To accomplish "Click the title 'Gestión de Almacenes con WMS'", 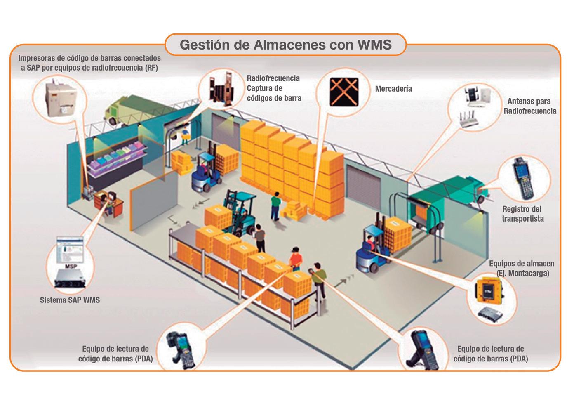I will [x=285, y=44].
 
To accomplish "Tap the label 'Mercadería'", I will [x=393, y=89].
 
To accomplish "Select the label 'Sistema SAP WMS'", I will [x=70, y=300].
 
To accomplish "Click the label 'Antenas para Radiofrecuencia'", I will [x=529, y=106].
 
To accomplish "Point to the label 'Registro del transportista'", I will [x=522, y=214].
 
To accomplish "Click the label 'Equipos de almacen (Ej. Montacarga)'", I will [x=521, y=268].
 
